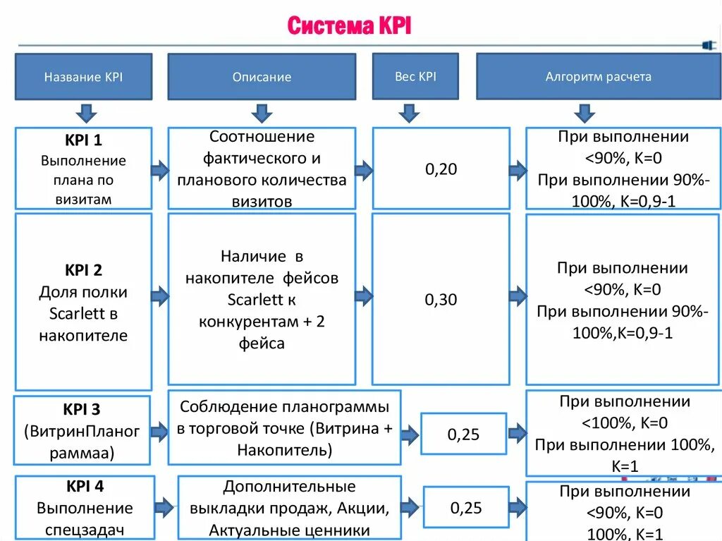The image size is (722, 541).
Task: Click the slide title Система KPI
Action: (x=349, y=27)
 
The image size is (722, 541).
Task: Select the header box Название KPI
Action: (x=83, y=76)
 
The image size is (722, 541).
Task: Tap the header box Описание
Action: (x=262, y=77)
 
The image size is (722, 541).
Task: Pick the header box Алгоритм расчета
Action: (x=598, y=76)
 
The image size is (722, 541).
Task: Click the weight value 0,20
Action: (x=441, y=169)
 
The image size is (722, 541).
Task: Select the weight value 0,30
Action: (x=441, y=300)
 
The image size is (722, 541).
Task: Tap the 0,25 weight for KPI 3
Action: (x=463, y=434)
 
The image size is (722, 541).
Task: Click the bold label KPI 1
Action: (x=83, y=140)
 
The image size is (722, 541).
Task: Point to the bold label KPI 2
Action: (x=83, y=269)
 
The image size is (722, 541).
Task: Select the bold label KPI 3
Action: (x=82, y=409)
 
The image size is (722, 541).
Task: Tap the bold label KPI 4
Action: (x=85, y=485)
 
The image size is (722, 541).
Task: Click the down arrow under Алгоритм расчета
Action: (x=584, y=112)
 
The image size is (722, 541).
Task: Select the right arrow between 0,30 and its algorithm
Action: (x=518, y=296)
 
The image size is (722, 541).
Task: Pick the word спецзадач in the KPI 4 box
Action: (x=85, y=530)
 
